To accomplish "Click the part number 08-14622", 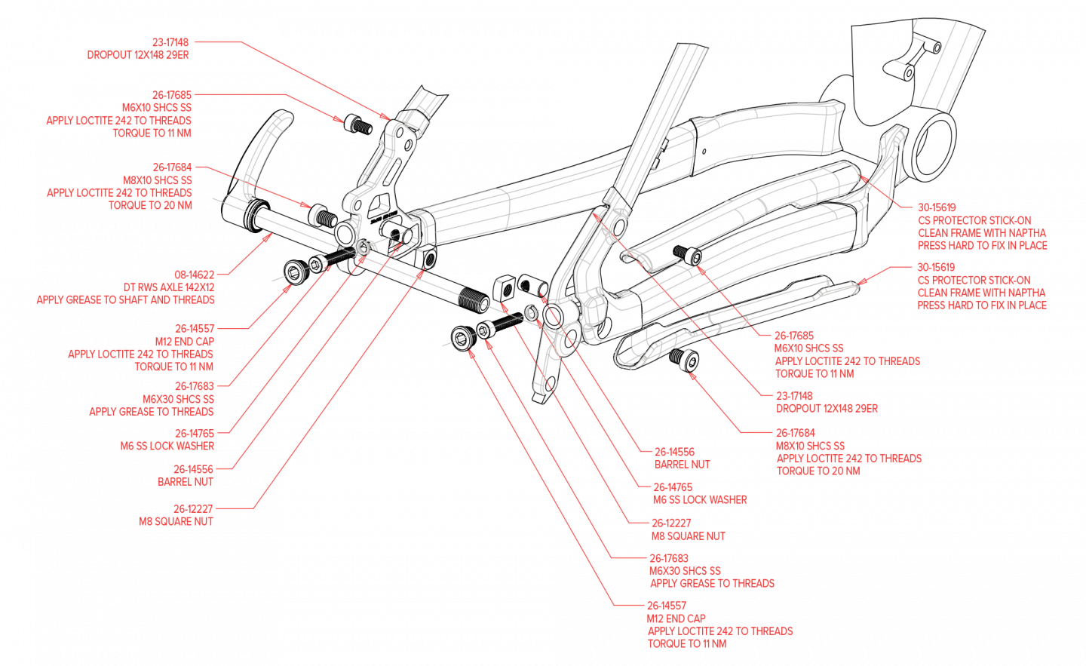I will (194, 275).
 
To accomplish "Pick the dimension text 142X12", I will (200, 287).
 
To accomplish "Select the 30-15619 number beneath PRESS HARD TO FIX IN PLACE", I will (936, 267).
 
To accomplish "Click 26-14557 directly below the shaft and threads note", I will (195, 329).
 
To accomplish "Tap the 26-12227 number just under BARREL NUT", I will (193, 509).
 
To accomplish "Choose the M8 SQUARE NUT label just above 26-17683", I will (688, 536).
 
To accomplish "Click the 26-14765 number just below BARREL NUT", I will (672, 487).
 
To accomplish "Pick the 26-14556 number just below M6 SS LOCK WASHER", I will (193, 469).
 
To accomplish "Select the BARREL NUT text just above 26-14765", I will (682, 465).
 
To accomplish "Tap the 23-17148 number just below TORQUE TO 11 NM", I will (794, 396).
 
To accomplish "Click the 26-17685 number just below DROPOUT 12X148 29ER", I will (172, 95).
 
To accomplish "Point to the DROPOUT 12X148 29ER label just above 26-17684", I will (827, 409).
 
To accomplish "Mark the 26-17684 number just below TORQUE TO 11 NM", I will (173, 167).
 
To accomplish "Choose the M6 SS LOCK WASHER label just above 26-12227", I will (699, 500).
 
